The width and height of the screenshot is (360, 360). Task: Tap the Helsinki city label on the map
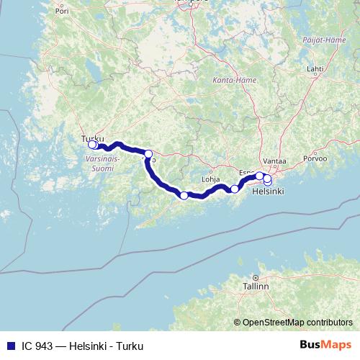pyautogui.click(x=268, y=192)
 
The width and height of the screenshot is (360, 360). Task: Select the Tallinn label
pyautogui.click(x=256, y=286)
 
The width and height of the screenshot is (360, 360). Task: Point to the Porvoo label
pyautogui.click(x=315, y=158)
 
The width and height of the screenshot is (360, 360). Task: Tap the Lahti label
pyautogui.click(x=315, y=69)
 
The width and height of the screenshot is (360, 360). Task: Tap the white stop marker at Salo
pyautogui.click(x=148, y=153)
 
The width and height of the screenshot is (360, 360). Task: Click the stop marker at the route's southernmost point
pyautogui.click(x=184, y=196)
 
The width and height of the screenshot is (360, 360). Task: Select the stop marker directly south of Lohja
pyautogui.click(x=234, y=189)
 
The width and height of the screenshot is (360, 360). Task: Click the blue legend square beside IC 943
pyautogui.click(x=10, y=346)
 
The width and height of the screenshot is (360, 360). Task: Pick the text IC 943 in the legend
pyautogui.click(x=37, y=346)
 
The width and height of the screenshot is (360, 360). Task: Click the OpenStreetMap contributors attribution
pyautogui.click(x=297, y=323)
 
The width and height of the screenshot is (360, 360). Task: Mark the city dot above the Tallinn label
pyautogui.click(x=255, y=277)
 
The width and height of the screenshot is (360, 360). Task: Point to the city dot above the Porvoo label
pyautogui.click(x=314, y=150)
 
